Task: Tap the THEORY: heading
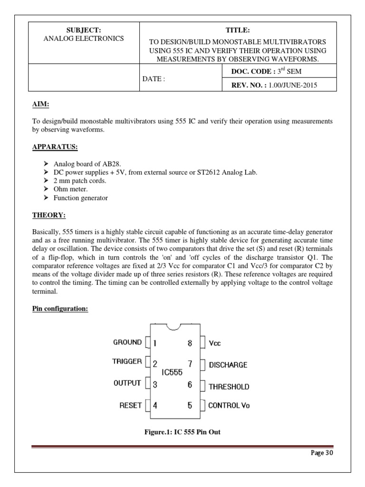tap(48, 215)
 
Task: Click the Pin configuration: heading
tap(60, 309)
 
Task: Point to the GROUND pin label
tap(127, 342)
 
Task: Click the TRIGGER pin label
tap(127, 361)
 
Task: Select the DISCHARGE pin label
tap(228, 365)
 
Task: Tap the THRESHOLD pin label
tap(229, 387)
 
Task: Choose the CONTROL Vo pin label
tap(229, 406)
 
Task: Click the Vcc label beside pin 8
tap(215, 343)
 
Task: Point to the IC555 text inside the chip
tap(172, 374)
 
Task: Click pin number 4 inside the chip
tap(155, 406)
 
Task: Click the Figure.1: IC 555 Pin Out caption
tap(182, 432)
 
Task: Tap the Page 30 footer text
tap(322, 453)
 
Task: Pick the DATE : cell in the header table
tap(154, 79)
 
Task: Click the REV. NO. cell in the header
tap(274, 85)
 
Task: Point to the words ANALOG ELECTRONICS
tap(84, 39)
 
